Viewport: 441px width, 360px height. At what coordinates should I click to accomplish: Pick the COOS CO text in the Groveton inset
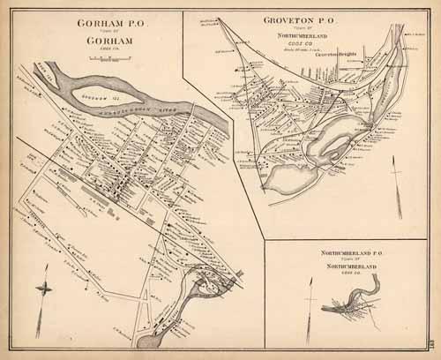click(x=298, y=44)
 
